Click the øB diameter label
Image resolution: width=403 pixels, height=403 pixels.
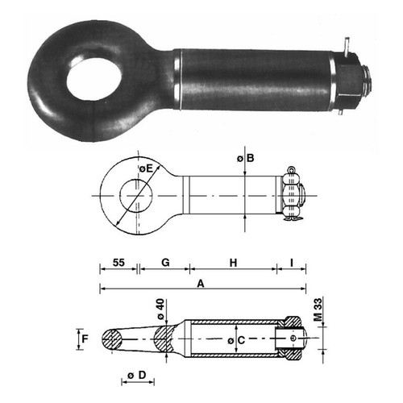[246, 158]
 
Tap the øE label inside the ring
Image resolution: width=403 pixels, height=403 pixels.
[146, 168]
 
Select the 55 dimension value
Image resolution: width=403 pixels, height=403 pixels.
[118, 263]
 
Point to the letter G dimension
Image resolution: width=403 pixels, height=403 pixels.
[165, 262]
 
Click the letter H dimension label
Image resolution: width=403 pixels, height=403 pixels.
[233, 263]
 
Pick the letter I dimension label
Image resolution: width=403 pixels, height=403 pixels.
[292, 263]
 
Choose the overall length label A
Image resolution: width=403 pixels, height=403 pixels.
[201, 284]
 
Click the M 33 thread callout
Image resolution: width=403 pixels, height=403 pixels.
[318, 310]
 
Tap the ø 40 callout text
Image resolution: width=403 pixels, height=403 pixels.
[160, 310]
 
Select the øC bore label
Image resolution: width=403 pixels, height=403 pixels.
[236, 340]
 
